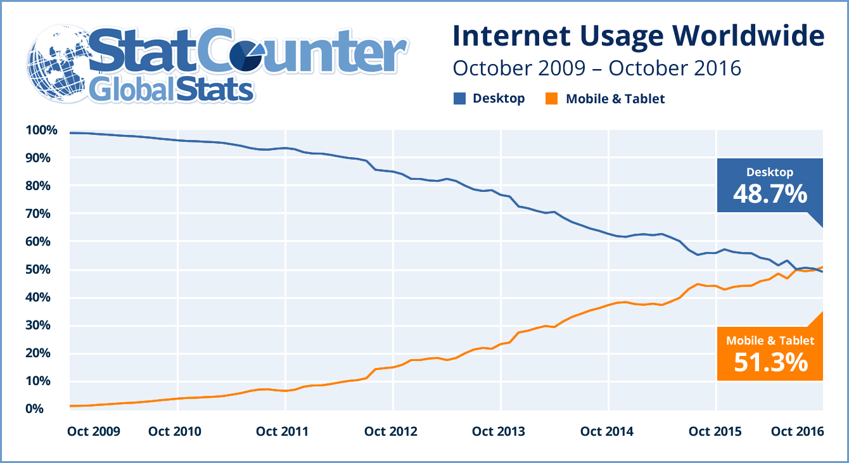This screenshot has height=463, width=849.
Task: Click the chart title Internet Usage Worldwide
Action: [x=638, y=36]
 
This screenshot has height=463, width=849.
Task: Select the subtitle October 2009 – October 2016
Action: [x=597, y=67]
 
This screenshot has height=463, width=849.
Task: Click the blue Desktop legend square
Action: [x=459, y=98]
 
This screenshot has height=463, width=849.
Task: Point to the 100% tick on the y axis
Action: [x=41, y=130]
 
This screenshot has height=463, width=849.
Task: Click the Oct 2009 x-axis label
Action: [x=93, y=432]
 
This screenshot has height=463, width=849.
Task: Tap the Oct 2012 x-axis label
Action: [x=391, y=432]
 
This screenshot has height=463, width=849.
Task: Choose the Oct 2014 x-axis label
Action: [x=606, y=432]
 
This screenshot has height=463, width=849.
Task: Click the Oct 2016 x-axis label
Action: [x=797, y=432]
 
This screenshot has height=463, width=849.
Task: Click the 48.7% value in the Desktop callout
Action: [x=770, y=194]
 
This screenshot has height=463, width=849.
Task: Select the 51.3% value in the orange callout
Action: [x=770, y=362]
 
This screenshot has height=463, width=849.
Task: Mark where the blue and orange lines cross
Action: [x=798, y=270]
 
